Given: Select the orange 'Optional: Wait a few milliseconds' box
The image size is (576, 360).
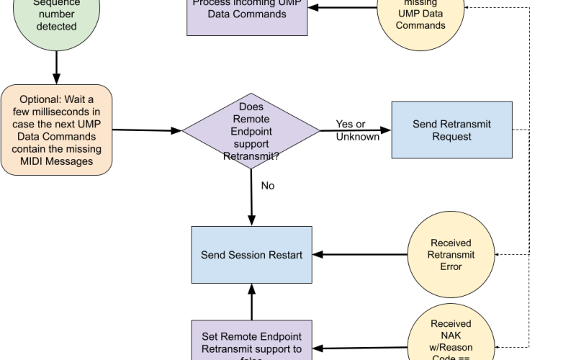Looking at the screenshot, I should point(57,130).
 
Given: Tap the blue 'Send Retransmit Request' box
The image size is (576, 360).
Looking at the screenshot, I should point(451,130).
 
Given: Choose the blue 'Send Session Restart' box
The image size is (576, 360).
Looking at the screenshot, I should point(251,255).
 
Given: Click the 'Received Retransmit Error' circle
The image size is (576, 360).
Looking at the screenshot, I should point(451,255).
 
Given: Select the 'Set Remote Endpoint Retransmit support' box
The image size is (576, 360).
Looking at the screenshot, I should point(251,341).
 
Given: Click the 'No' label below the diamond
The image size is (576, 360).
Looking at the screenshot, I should point(268,186).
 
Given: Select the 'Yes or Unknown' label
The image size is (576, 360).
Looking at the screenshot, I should point(356,130).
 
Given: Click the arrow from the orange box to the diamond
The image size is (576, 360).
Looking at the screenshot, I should point(148,130).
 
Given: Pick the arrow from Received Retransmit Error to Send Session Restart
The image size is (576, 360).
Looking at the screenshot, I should point(360,255).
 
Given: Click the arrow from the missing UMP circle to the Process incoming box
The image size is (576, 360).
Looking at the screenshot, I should point(342,8).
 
